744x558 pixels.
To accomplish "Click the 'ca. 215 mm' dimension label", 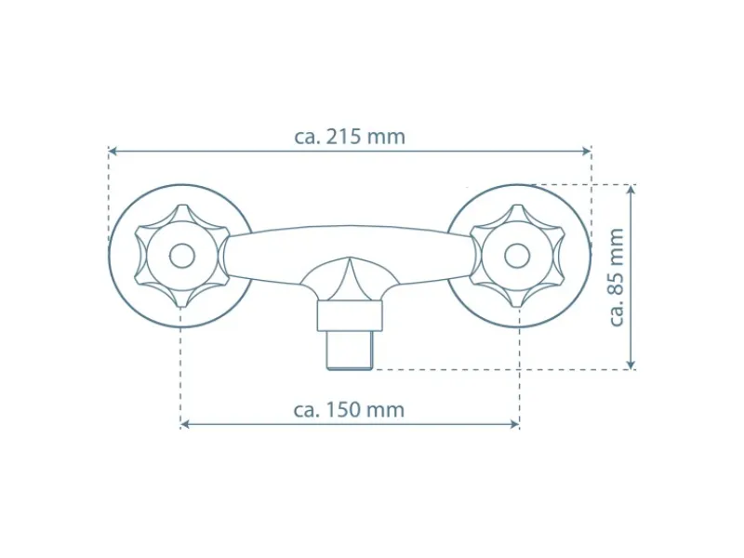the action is (x=350, y=137).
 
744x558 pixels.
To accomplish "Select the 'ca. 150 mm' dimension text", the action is (x=350, y=409).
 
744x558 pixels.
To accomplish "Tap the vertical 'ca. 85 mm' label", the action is (x=616, y=277).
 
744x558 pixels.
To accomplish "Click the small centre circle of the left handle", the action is (x=182, y=257).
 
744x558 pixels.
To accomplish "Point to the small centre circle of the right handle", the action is (x=517, y=257).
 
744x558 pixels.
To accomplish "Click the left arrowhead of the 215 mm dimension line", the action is (x=113, y=151).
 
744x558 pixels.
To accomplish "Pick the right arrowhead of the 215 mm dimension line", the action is (x=587, y=151).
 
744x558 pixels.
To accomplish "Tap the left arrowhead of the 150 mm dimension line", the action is (x=185, y=424).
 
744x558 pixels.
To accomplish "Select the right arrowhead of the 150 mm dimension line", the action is (x=514, y=424).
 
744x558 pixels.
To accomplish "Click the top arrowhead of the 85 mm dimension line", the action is (x=631, y=190).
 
